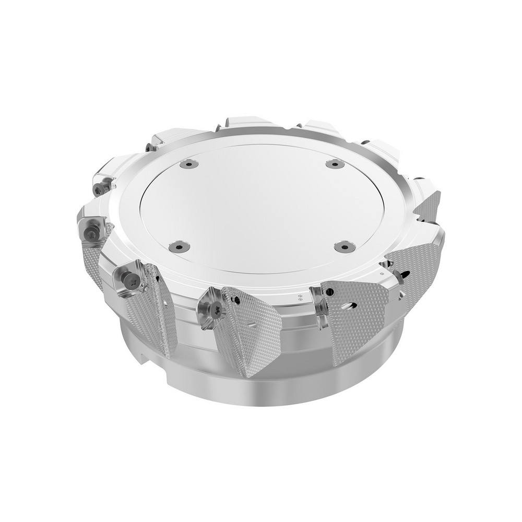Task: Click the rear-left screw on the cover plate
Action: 188,164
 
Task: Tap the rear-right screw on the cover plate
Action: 335,164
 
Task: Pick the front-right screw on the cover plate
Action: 345,246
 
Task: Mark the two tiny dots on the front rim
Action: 300,298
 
